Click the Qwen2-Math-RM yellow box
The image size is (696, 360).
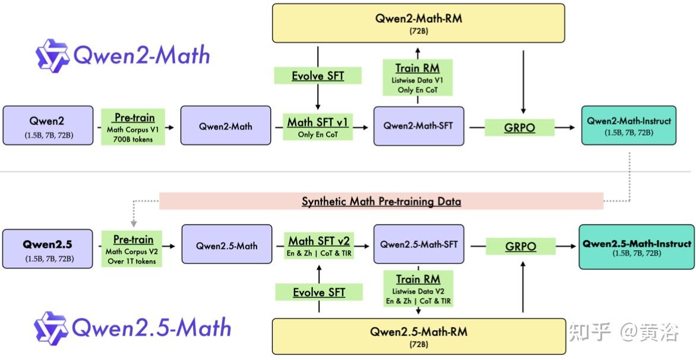pos(418,23)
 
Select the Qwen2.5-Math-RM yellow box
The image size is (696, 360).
pos(418,336)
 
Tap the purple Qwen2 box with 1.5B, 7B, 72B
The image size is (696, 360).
pos(48,126)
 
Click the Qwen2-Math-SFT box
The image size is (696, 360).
pos(418,126)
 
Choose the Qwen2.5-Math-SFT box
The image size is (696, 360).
pos(418,244)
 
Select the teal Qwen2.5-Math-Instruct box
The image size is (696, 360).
pos(636,247)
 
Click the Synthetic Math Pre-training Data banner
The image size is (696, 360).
pos(381,201)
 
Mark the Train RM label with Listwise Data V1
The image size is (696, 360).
pos(417,77)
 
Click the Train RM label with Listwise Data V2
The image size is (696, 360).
pos(417,289)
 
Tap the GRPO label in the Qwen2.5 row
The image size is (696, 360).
pos(520,247)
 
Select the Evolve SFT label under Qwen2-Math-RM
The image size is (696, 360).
pos(318,76)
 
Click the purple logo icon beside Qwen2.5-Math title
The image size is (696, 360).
pos(50,328)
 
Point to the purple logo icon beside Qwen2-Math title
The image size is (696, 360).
pos(52,55)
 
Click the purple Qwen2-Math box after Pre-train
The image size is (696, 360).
pos(226,126)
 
